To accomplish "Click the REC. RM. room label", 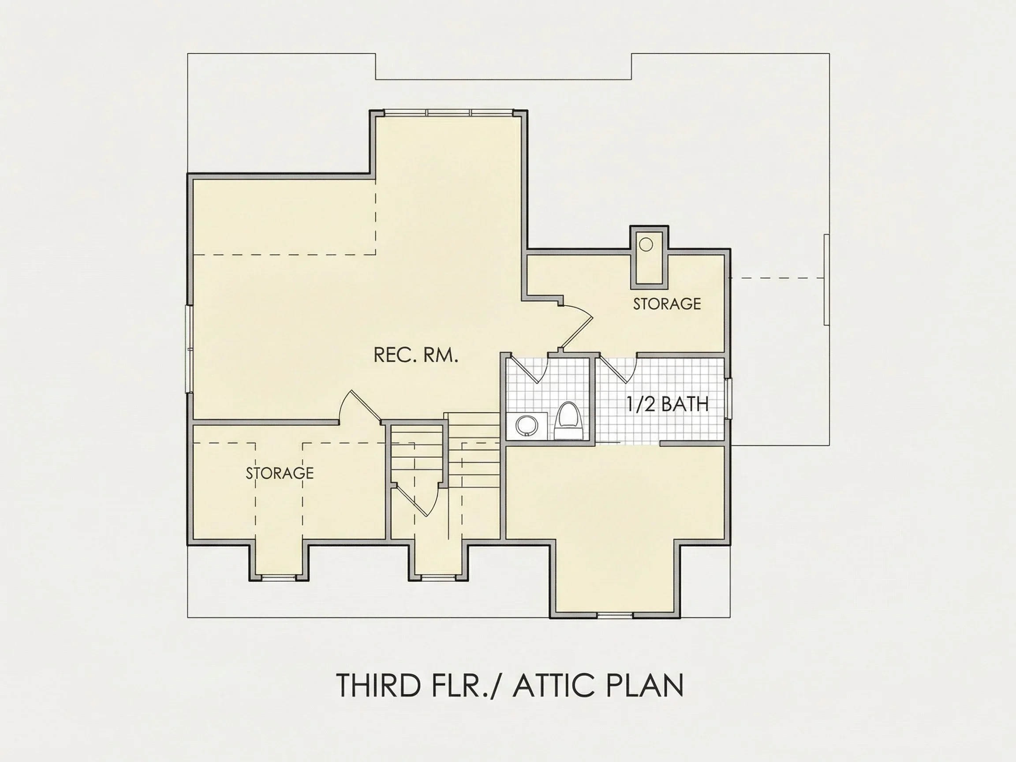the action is (x=416, y=355).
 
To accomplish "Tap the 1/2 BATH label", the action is (x=667, y=404).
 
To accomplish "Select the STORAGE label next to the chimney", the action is (x=667, y=303).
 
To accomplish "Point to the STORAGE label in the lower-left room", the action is (x=280, y=473).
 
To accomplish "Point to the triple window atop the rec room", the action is (x=448, y=112).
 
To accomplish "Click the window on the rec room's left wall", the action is (x=189, y=349).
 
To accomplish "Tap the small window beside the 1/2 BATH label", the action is (x=728, y=399).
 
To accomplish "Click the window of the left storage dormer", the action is (x=279, y=577).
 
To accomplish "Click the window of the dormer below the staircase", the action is (x=438, y=577).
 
